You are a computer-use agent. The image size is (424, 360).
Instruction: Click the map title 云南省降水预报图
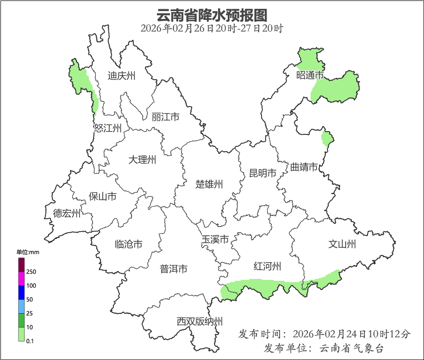[212, 15]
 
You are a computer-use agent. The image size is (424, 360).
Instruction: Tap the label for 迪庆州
[121, 76]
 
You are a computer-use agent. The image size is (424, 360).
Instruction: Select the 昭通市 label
[310, 75]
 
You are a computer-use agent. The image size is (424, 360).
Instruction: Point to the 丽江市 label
[165, 117]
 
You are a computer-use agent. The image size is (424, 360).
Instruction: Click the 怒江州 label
[108, 128]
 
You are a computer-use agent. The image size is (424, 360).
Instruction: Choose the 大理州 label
[142, 160]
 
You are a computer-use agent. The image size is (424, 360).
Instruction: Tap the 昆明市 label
[262, 173]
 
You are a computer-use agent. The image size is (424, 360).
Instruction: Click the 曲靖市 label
[304, 167]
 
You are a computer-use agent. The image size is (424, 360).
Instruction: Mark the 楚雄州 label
[209, 184]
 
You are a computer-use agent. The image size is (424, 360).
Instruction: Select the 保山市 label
[103, 196]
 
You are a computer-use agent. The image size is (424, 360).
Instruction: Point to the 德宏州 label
[67, 213]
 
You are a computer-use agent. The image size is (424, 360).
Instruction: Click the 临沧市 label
[128, 244]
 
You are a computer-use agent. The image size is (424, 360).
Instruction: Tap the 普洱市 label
[174, 269]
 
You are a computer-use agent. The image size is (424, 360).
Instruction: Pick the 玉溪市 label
[215, 240]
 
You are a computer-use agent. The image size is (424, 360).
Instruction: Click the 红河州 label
[268, 266]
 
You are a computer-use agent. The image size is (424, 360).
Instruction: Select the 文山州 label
[342, 244]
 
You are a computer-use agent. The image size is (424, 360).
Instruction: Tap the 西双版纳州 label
[200, 322]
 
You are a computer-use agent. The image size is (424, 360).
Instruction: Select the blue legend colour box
[21, 292]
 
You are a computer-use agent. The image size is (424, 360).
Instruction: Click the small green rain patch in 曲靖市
[327, 139]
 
